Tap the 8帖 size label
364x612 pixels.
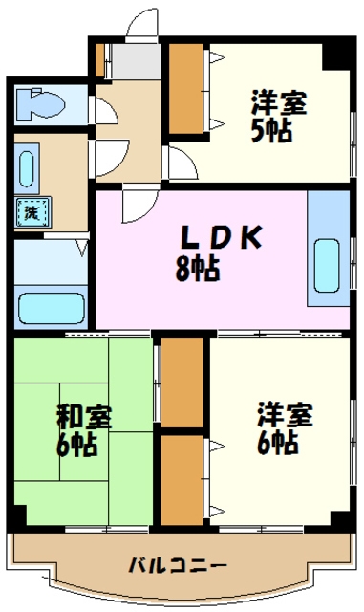(x=199, y=269)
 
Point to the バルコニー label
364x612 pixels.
(x=178, y=564)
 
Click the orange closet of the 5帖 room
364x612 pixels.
(x=186, y=92)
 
